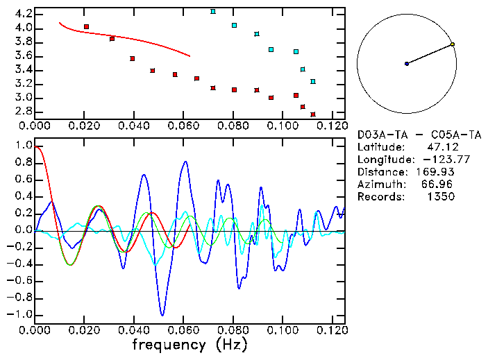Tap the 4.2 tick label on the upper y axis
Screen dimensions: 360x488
[23, 14]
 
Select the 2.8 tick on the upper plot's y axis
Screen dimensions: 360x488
[23, 111]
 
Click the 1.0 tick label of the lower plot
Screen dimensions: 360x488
[23, 146]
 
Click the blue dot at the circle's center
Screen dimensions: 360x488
[407, 64]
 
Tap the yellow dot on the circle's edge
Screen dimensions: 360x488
[453, 44]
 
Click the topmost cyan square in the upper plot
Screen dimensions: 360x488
[213, 12]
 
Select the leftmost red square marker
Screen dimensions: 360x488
[86, 26]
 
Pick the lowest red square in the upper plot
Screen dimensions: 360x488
[313, 114]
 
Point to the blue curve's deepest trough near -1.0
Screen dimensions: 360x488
[162, 315]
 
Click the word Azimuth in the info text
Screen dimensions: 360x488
[380, 185]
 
